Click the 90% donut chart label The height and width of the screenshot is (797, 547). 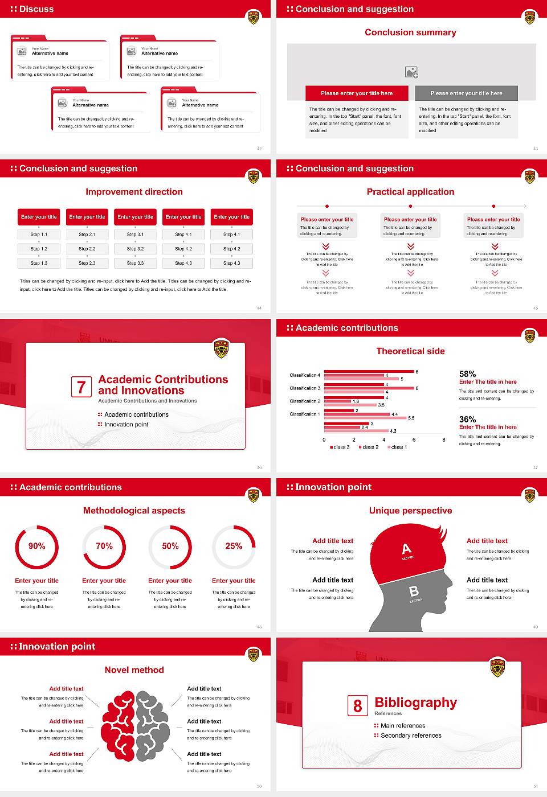36,546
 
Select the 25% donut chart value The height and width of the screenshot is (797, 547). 234,546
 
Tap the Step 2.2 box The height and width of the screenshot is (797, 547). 87,249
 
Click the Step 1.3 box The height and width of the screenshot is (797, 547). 39,263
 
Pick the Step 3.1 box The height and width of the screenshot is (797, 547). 135,234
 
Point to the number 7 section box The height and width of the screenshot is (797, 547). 81,387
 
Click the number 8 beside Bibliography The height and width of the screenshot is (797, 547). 357,706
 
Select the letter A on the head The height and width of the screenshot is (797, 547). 406,549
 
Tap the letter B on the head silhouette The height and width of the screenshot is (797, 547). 414,591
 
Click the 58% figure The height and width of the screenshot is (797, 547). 467,374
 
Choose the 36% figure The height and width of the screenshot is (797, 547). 467,419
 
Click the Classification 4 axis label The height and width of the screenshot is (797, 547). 305,375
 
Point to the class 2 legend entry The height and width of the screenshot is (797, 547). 369,447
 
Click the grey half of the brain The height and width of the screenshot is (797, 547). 153,725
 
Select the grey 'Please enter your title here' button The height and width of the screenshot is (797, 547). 466,93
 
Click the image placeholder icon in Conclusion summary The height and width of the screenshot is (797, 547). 411,72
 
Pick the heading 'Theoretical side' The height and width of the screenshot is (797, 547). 410,351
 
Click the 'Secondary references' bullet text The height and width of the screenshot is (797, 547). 411,736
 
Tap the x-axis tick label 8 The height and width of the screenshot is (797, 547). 444,439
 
